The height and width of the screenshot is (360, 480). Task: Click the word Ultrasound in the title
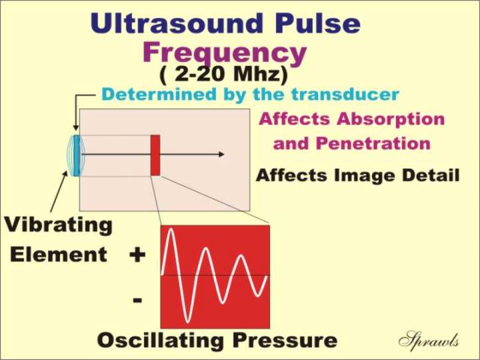pyautogui.click(x=177, y=23)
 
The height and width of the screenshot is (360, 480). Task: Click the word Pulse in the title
pyautogui.click(x=318, y=23)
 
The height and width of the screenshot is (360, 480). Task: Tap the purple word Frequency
pyautogui.click(x=225, y=53)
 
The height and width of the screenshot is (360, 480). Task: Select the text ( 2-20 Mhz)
pyautogui.click(x=224, y=75)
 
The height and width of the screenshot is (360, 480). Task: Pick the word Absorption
pyautogui.click(x=391, y=119)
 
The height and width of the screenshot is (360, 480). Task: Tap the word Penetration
pyautogui.click(x=373, y=143)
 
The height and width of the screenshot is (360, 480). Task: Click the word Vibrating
pyautogui.click(x=59, y=225)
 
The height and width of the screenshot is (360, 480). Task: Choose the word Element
pyautogui.click(x=59, y=255)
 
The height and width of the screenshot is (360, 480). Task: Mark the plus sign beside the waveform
pyautogui.click(x=137, y=255)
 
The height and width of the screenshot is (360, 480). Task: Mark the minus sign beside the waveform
pyautogui.click(x=137, y=300)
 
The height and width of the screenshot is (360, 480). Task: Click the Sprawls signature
pyautogui.click(x=429, y=339)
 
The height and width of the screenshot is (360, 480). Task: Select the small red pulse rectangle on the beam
pyautogui.click(x=155, y=155)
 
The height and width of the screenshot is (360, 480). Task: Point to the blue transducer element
pyautogui.click(x=77, y=156)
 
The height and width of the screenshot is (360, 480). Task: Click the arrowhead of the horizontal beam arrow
pyautogui.click(x=221, y=155)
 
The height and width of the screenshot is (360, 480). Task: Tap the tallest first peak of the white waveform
pyautogui.click(x=170, y=229)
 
